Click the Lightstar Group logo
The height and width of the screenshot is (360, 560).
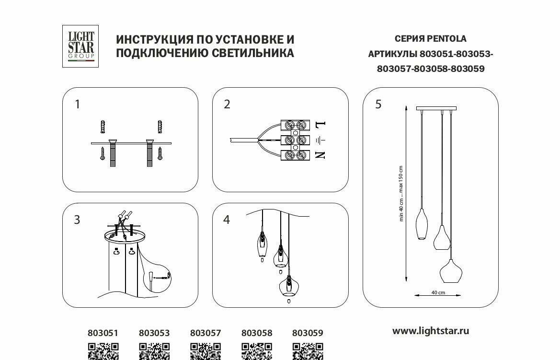tap(80, 46)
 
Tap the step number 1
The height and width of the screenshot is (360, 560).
tap(78, 105)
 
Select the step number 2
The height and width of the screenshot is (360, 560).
tap(227, 105)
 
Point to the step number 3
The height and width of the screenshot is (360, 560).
tap(77, 220)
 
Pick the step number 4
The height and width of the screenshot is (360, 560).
tap(227, 220)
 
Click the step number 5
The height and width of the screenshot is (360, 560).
tap(378, 105)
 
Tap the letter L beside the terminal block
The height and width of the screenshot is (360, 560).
tap(320, 126)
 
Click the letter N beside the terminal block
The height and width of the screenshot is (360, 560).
tap(320, 155)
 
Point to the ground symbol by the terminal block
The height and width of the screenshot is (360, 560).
tap(320, 140)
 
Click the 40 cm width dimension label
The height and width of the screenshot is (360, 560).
tap(438, 292)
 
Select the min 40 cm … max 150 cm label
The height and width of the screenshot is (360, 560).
tap(401, 193)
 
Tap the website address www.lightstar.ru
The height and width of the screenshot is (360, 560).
tap(431, 331)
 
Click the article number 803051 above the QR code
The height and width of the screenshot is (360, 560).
tap(103, 333)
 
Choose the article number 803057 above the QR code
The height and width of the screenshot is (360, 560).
tap(206, 333)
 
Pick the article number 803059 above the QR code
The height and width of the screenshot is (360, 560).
tap(308, 333)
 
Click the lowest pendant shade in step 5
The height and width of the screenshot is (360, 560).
tap(452, 272)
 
